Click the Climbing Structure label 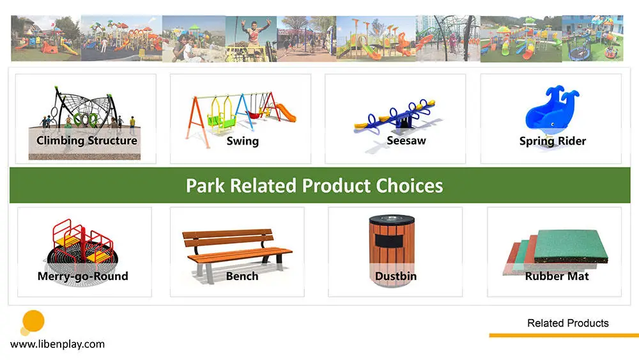click(x=87, y=141)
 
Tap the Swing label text click(x=242, y=141)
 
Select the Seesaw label click(x=406, y=141)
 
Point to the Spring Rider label click(x=553, y=141)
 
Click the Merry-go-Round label click(x=82, y=276)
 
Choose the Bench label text click(x=242, y=276)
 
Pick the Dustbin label click(x=396, y=276)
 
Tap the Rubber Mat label click(x=557, y=276)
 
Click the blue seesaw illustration click(x=395, y=116)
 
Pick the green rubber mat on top click(x=571, y=246)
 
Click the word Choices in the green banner click(x=409, y=185)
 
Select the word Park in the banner click(x=205, y=185)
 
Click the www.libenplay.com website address click(x=58, y=344)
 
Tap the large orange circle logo click(x=33, y=321)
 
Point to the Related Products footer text click(x=567, y=323)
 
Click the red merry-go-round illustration click(x=82, y=245)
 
